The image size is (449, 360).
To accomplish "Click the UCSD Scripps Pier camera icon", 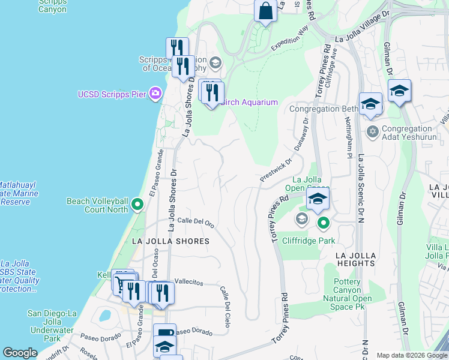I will (x=155, y=93).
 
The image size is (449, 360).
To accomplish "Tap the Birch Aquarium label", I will (x=249, y=102).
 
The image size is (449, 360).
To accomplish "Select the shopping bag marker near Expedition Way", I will (x=265, y=11).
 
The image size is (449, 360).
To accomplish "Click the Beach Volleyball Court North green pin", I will (x=137, y=205).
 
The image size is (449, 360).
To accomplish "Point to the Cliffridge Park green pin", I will (x=324, y=224).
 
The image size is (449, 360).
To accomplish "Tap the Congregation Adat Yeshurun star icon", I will (x=372, y=131).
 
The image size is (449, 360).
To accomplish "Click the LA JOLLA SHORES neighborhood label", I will (x=170, y=241).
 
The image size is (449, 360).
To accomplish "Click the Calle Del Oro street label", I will (x=196, y=222).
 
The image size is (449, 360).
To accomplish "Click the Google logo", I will (x=20, y=353).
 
